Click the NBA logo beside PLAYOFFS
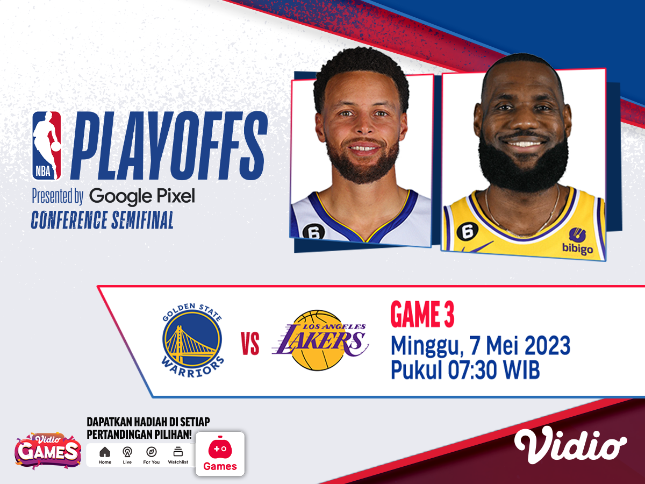click(x=47, y=145)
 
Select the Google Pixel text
click(x=142, y=197)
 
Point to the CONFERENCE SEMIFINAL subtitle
click(x=102, y=220)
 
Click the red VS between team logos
click(x=250, y=344)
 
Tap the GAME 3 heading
click(x=422, y=316)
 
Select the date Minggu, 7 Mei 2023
click(x=480, y=345)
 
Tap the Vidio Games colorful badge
click(x=48, y=450)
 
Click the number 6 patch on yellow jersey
click(x=467, y=231)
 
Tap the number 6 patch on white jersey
click(x=314, y=231)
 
